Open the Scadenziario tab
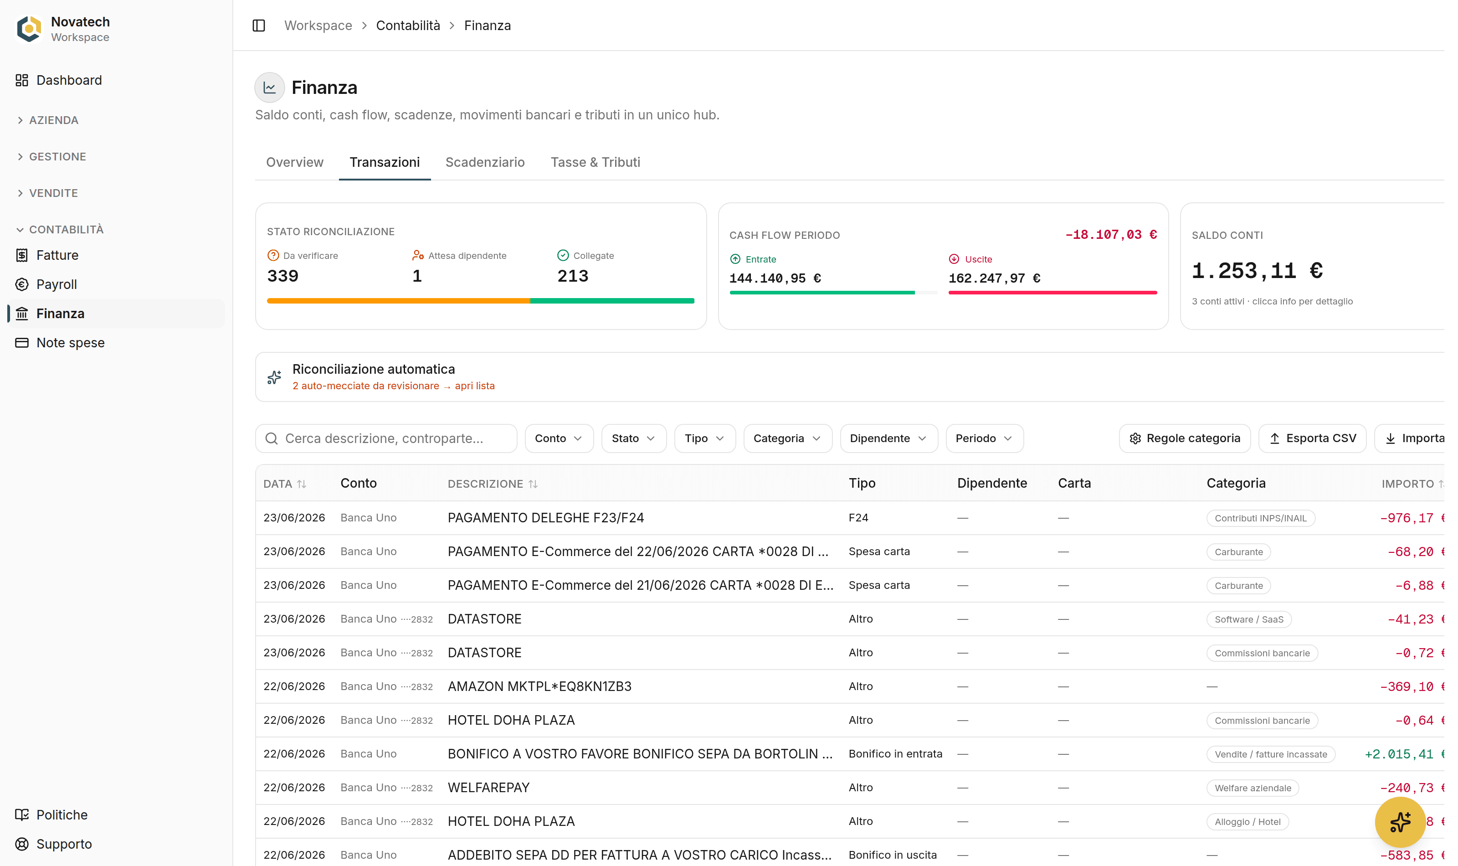click(485, 162)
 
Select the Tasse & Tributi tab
click(595, 162)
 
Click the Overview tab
click(294, 162)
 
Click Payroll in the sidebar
click(56, 284)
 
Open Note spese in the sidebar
click(71, 343)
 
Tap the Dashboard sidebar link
click(69, 80)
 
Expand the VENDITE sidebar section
click(53, 193)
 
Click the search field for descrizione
click(386, 438)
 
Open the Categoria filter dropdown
click(787, 438)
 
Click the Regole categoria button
click(1185, 438)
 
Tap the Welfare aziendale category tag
click(1253, 788)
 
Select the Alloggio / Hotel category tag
click(1248, 822)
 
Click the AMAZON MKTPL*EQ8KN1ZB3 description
click(539, 686)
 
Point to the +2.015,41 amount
click(1399, 754)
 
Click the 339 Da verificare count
click(283, 276)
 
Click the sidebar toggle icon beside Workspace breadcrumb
click(259, 26)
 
